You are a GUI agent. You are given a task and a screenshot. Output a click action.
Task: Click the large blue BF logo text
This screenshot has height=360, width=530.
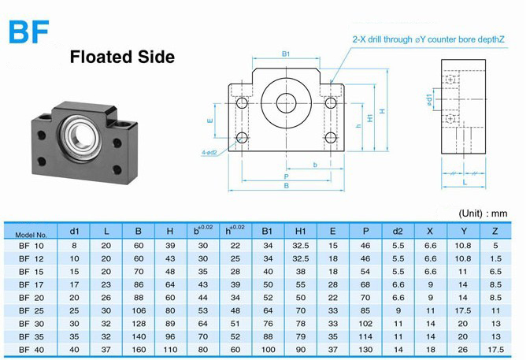29,32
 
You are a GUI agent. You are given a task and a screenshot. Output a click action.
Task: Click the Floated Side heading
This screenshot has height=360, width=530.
122,57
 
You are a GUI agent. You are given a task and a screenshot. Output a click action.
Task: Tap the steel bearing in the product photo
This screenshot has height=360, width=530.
80,136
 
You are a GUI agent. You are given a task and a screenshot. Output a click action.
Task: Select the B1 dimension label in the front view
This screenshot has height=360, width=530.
286,54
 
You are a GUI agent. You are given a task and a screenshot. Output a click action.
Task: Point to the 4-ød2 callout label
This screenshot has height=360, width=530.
209,153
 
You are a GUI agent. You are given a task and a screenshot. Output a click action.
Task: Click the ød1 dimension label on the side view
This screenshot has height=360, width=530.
429,100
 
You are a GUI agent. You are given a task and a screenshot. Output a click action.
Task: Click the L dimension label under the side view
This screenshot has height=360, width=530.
465,183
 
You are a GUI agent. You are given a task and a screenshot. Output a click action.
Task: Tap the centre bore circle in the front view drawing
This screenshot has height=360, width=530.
286,103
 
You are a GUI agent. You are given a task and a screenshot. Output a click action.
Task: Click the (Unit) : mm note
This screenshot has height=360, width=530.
483,213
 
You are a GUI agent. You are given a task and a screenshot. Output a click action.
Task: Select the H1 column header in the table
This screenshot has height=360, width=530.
300,232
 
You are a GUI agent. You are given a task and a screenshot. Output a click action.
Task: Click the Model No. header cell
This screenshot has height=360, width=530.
31,234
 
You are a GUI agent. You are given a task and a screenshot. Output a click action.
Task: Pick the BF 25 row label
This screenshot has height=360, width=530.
32,310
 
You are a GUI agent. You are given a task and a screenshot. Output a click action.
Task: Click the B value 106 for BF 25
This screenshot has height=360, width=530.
139,310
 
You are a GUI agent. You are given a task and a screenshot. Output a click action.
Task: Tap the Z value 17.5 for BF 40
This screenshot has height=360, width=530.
495,350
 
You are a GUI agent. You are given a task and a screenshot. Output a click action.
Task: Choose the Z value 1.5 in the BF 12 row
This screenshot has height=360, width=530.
495,258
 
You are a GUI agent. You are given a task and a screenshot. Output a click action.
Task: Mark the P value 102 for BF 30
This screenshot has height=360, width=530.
365,324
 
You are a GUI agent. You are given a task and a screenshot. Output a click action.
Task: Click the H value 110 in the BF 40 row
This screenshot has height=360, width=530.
170,350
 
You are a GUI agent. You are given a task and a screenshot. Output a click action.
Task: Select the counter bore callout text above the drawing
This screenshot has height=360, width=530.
428,39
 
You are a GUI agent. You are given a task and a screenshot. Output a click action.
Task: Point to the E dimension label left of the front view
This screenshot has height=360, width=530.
209,121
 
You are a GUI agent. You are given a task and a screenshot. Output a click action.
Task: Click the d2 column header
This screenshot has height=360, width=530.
398,232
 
